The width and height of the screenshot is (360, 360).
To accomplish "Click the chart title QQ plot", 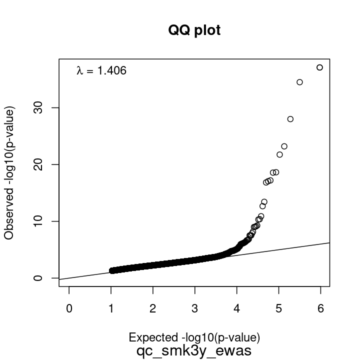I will coord(194,30).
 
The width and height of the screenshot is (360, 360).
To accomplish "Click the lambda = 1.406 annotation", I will coord(101,71).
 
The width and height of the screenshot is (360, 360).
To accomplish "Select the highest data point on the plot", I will coord(320,67).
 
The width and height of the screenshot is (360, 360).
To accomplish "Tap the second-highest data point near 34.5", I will coord(300,82).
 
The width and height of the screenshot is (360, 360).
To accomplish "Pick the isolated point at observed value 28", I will coord(290,119).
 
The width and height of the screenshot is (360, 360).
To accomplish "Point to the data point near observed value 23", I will coord(284,146).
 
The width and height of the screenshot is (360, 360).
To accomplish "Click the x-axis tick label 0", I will coord(69,308).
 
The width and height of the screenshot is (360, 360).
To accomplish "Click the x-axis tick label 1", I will coord(111,308).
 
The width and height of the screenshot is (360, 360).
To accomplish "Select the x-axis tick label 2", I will coord(153,308).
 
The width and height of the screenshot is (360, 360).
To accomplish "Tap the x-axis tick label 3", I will coord(195,308).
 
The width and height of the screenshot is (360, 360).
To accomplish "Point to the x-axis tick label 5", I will coord(278,308).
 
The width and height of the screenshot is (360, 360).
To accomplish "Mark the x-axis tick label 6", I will coord(320,308).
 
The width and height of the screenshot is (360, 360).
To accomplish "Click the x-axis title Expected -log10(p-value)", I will coord(194,336).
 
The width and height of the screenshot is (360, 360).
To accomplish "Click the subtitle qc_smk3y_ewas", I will coord(194,350).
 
